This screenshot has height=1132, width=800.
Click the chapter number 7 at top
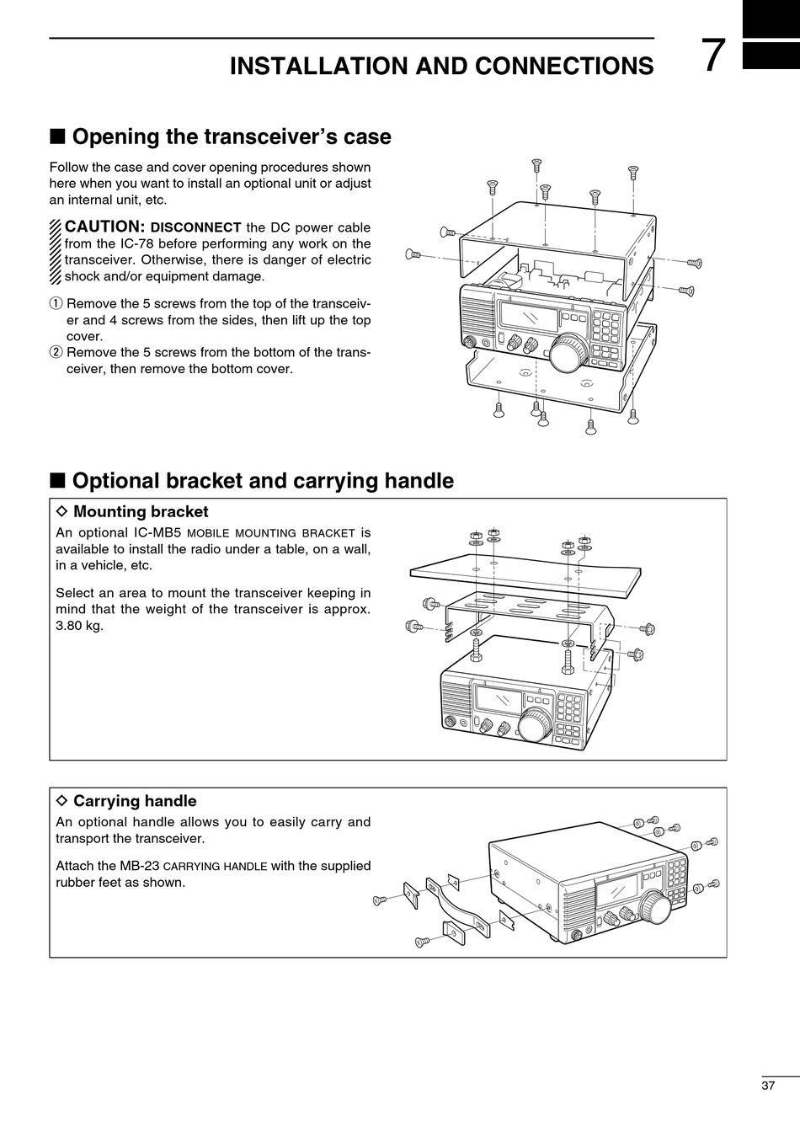pos(712,57)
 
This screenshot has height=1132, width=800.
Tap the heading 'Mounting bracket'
pos(141,511)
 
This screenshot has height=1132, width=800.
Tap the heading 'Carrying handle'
pos(135,801)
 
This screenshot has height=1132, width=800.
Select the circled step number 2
pos(56,353)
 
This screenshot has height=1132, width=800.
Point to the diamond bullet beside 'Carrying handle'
pos(61,801)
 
